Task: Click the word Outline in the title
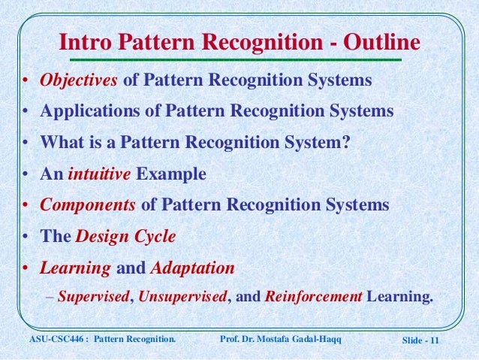point(378,40)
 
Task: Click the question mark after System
point(345,143)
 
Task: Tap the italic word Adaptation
point(193,268)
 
